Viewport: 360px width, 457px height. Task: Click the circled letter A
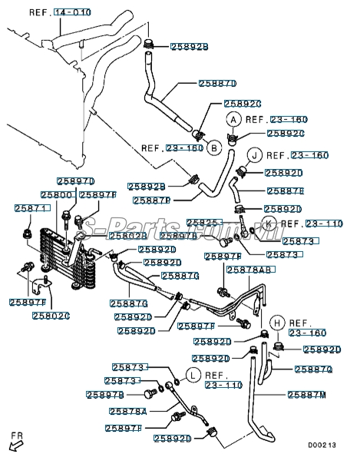point(233,119)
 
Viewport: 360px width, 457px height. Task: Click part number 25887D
point(217,83)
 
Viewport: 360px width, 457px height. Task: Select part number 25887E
point(285,190)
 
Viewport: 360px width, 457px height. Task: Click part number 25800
point(56,195)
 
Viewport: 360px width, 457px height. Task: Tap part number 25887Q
point(315,369)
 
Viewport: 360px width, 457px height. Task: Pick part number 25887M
point(306,394)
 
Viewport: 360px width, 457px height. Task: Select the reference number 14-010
point(72,13)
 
